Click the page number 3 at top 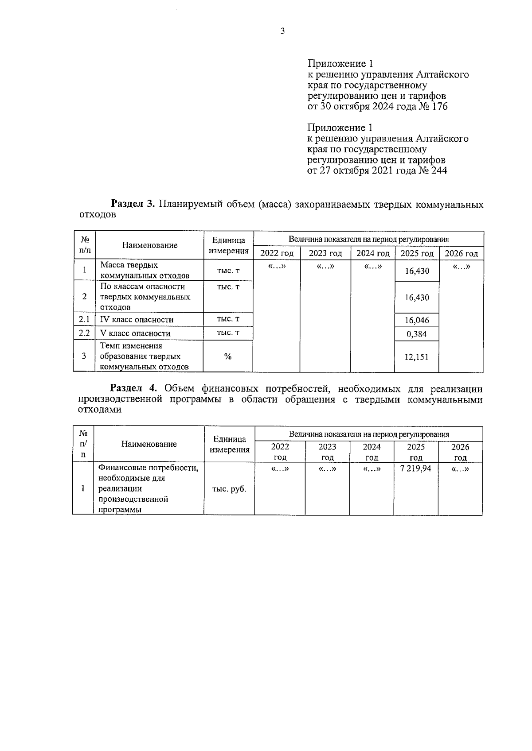[282, 31]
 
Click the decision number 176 [439, 107]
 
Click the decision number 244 [438, 170]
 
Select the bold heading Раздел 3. [133, 204]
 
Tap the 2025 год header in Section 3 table [417, 253]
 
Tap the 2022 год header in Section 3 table [277, 253]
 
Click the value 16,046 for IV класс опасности [417, 320]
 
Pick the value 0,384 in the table [417, 334]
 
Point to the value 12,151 [417, 356]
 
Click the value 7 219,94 [415, 468]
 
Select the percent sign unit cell [228, 356]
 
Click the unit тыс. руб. [229, 489]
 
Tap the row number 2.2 [84, 333]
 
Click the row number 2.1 [84, 319]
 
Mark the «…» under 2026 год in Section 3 [461, 267]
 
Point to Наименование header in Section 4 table [149, 444]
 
